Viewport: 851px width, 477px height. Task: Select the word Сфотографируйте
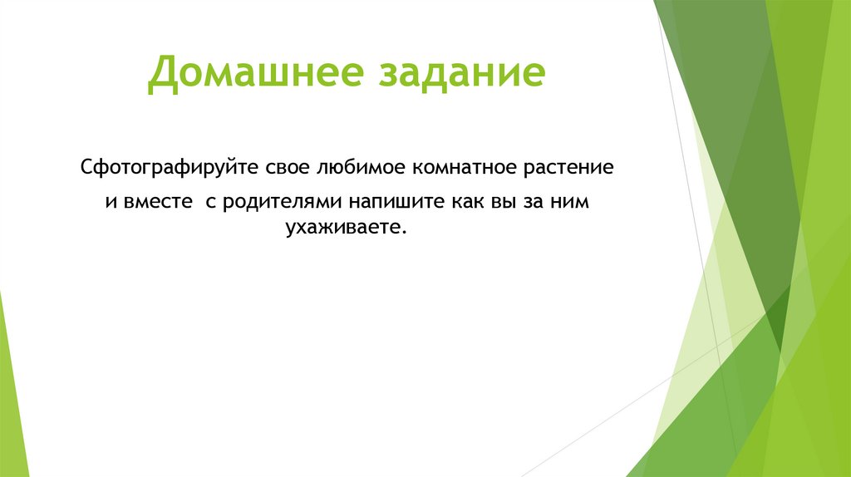(170, 169)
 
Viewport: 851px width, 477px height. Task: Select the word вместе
(154, 202)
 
